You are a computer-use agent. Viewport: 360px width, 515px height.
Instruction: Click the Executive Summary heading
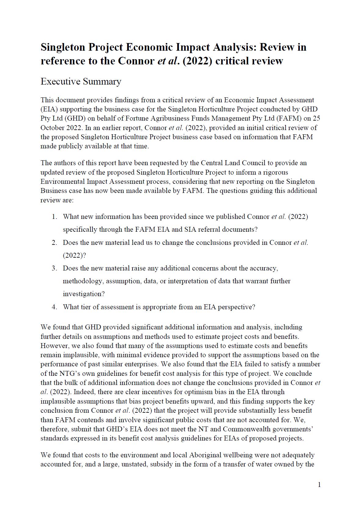coord(81,82)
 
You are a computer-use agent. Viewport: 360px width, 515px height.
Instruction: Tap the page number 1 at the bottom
coord(319,484)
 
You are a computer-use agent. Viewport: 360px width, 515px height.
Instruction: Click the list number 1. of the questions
coord(54,217)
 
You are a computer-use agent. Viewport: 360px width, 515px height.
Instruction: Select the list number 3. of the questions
coord(54,268)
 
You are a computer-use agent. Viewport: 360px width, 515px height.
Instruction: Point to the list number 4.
coord(54,307)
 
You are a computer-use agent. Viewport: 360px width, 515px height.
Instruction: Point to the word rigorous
coord(275,172)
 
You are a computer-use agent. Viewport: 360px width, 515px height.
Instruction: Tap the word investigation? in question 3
coord(84,294)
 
